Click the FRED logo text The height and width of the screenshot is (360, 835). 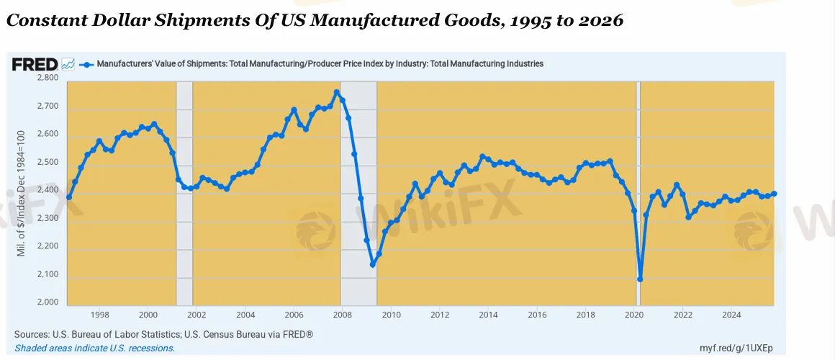35,64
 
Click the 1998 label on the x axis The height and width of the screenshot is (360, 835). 99,315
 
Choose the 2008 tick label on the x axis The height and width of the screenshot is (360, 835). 342,315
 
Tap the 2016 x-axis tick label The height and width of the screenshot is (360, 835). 536,315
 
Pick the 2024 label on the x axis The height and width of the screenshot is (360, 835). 731,315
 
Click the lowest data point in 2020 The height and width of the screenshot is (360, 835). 640,279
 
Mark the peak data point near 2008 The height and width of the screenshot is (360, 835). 336,92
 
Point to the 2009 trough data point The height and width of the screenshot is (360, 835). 373,264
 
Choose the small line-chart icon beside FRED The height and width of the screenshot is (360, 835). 68,64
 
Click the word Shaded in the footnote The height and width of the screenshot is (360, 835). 30,348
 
